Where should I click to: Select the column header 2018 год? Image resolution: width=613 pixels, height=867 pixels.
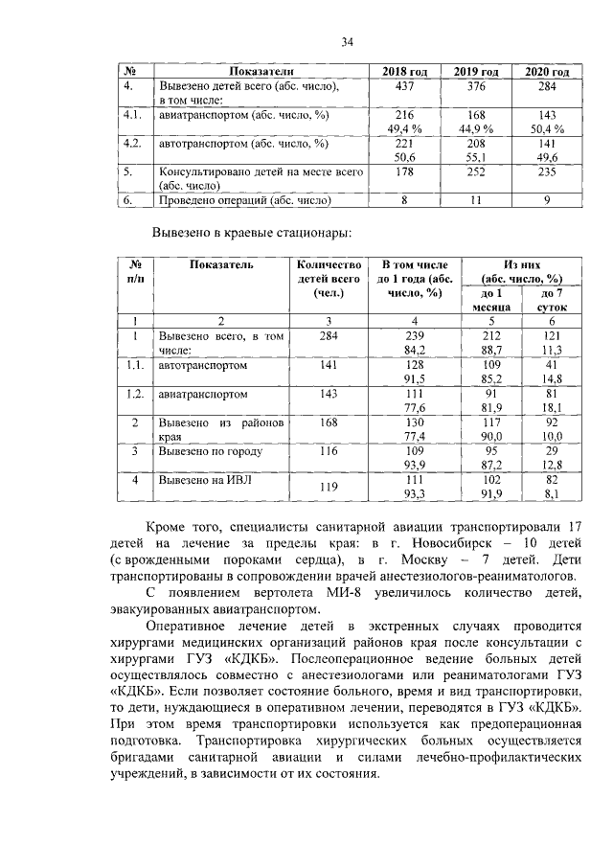coord(404,73)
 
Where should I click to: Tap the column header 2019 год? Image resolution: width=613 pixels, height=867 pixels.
coord(476,73)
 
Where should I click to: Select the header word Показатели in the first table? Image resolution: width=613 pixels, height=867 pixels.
coord(260,73)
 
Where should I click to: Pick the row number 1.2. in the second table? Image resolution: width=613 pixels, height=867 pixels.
coord(135,394)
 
